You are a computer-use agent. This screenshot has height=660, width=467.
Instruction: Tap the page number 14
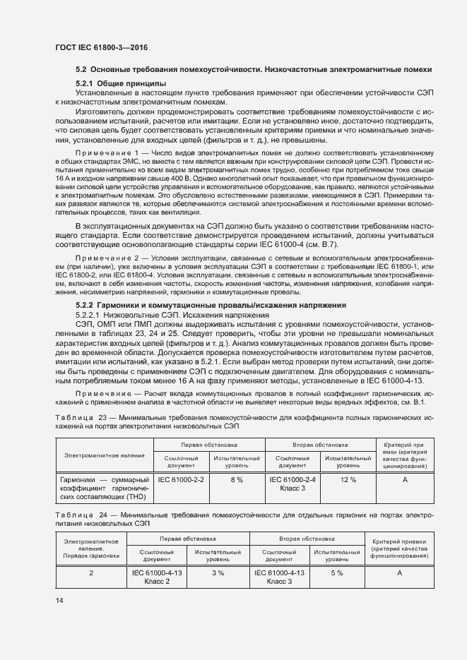tap(59, 601)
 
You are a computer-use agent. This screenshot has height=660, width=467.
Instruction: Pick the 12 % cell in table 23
tap(348, 479)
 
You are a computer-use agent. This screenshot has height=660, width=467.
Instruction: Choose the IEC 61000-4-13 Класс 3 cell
tap(279, 577)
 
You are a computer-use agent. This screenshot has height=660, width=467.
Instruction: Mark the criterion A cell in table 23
tap(405, 479)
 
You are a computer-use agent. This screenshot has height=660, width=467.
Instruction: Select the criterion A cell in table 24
tap(399, 572)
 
